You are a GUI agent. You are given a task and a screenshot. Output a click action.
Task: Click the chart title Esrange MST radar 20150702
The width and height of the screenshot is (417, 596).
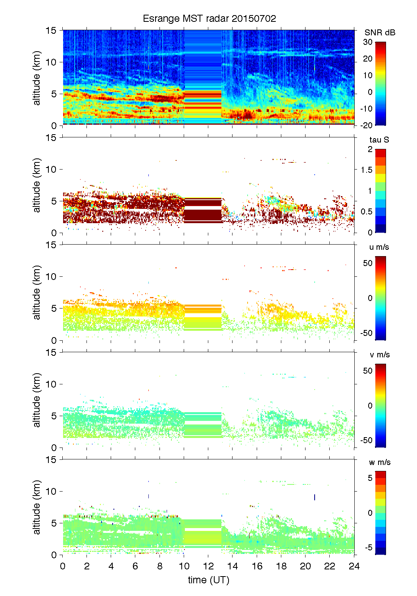click(209, 19)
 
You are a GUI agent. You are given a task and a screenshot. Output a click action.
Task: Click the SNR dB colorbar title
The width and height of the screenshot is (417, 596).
click(380, 33)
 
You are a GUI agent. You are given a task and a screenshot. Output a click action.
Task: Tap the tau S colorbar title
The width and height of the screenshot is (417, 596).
click(379, 140)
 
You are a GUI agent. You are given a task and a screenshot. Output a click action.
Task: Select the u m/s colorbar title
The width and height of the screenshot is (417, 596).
click(379, 247)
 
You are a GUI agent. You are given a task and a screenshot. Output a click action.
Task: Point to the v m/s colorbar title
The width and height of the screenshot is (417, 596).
click(379, 355)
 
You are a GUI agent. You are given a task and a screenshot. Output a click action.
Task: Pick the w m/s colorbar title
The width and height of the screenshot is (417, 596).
click(380, 462)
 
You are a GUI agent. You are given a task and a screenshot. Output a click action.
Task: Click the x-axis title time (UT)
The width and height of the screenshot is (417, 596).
click(208, 580)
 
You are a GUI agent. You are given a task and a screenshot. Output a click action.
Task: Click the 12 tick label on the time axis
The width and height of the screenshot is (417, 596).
click(208, 566)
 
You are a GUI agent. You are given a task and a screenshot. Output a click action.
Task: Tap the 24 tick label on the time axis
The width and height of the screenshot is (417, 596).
click(354, 566)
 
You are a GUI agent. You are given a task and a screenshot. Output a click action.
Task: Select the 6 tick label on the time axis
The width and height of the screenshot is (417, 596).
click(135, 566)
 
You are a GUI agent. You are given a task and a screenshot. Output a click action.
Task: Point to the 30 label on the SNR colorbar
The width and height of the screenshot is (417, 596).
click(368, 42)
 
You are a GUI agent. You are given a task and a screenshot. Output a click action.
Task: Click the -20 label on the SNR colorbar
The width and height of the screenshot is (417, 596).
click(367, 125)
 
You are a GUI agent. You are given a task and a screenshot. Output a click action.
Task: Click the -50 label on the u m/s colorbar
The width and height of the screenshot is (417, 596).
click(366, 333)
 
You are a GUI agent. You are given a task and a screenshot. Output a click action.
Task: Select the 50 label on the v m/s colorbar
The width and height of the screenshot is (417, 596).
click(368, 371)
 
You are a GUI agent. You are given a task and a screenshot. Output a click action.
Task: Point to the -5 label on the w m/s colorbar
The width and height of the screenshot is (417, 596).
click(368, 548)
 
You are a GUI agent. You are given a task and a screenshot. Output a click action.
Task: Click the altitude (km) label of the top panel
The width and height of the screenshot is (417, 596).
click(37, 78)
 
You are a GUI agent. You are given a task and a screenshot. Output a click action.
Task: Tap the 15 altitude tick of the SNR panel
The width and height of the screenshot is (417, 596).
click(52, 30)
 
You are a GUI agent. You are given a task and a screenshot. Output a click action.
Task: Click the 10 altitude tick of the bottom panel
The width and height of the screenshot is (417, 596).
click(52, 491)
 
